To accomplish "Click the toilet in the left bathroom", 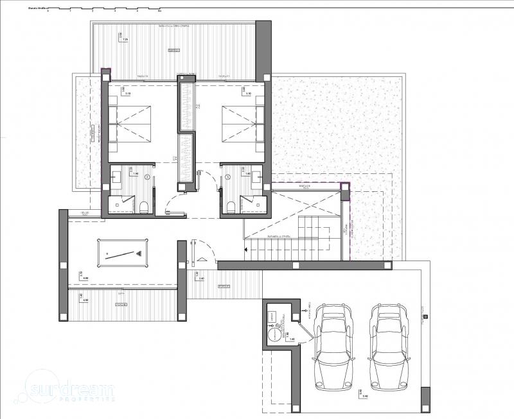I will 145,205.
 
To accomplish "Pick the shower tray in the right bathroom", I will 253,204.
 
